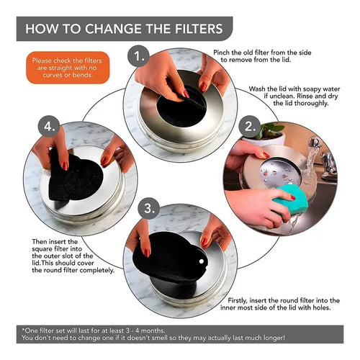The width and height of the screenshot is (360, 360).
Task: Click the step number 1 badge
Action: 138,56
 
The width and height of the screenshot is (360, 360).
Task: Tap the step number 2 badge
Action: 250,127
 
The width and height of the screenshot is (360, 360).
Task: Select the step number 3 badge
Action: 149,208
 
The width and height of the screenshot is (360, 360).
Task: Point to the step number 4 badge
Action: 49,127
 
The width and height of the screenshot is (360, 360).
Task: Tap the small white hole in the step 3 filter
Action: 202,261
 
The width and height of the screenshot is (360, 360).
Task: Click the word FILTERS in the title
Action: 199,29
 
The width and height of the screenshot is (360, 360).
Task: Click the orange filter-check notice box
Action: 68,68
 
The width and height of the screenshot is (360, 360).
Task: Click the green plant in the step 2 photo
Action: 270,130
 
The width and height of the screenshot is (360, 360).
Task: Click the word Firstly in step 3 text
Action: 238,301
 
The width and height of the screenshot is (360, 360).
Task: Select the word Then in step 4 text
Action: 39,241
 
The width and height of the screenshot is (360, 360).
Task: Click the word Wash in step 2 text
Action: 257,89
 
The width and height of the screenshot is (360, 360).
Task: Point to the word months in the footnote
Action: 153,330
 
